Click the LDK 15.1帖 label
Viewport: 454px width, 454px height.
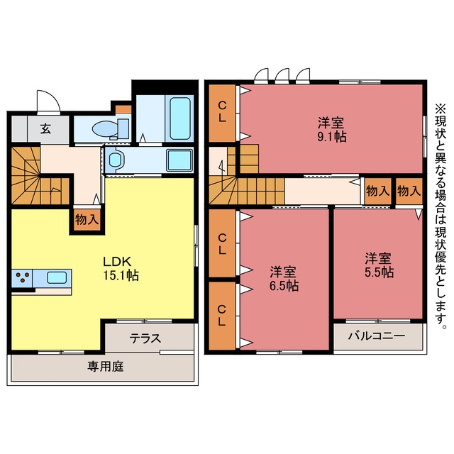(x=121, y=269)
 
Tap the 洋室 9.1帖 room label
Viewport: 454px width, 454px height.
(x=331, y=129)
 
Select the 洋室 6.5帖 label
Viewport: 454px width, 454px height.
(x=284, y=279)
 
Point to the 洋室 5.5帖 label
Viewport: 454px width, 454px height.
(x=379, y=265)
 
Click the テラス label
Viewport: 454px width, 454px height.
(x=145, y=338)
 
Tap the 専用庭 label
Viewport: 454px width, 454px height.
(x=106, y=366)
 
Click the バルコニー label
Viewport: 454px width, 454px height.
(x=376, y=336)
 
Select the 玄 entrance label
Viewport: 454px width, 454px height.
(x=45, y=128)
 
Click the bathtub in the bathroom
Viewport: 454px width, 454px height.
(x=180, y=118)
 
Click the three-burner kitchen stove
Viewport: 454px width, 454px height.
(x=22, y=278)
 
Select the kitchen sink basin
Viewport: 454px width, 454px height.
(x=57, y=277)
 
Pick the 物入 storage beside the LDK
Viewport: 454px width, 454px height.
(x=87, y=220)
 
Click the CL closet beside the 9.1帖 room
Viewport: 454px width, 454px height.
(x=222, y=113)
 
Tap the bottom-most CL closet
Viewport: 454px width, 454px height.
(x=222, y=316)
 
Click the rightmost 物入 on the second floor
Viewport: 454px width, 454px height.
(x=409, y=191)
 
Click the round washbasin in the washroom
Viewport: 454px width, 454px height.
(x=115, y=160)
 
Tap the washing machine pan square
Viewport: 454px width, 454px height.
(x=179, y=160)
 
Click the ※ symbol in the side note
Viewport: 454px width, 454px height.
(x=440, y=109)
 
